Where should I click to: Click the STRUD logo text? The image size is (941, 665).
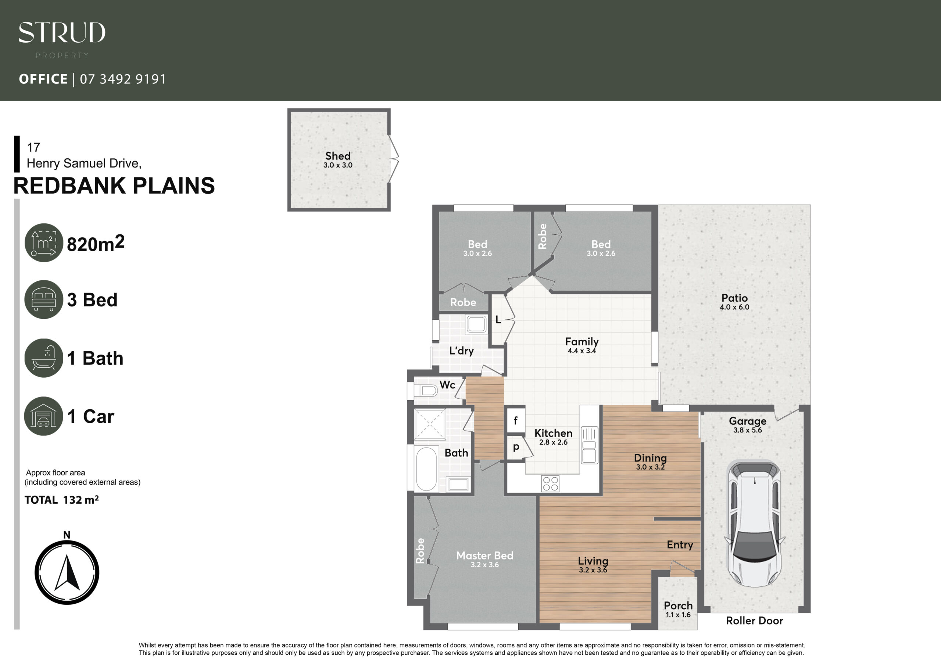point(62,32)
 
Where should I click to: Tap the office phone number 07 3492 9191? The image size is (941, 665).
point(123,79)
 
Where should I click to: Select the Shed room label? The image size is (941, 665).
point(338,156)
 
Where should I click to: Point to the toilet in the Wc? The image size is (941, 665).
point(425,391)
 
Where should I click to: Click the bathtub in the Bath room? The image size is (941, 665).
point(426,469)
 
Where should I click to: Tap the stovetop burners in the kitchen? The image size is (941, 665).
point(550,484)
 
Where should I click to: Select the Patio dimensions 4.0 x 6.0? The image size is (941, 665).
point(734,307)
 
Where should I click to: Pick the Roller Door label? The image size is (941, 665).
point(755,621)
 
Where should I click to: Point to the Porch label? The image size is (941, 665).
point(678,605)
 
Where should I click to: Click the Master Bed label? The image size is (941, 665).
point(485,556)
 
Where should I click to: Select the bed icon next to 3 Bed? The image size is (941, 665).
point(44,299)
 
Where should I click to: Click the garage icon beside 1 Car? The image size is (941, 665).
point(43,416)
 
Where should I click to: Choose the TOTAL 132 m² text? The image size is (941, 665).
point(61,500)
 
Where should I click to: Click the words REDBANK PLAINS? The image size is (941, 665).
point(114,186)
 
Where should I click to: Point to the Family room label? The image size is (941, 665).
point(582,341)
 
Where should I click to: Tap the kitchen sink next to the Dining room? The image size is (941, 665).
point(589,445)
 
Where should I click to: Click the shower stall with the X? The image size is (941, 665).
point(430,424)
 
